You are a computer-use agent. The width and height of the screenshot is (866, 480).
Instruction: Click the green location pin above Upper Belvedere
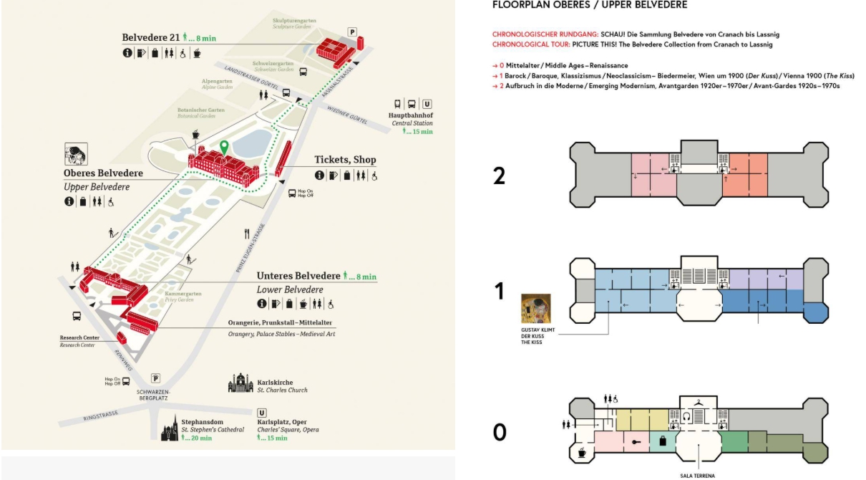click(x=224, y=147)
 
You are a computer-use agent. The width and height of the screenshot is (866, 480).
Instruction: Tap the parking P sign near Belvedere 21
click(x=351, y=32)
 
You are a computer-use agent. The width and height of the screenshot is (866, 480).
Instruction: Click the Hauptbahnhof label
click(x=411, y=115)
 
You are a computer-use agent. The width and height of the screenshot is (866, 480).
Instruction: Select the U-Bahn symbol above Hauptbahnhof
click(x=427, y=103)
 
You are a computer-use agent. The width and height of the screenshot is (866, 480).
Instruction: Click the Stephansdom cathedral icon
click(x=170, y=427)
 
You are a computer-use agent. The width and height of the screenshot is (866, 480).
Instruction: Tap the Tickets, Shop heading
click(x=345, y=160)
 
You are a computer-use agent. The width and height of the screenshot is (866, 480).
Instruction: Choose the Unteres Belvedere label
click(x=298, y=276)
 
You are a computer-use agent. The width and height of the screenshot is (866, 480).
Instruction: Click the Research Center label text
click(x=77, y=338)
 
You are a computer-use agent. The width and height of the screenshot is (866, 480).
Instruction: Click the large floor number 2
click(x=500, y=175)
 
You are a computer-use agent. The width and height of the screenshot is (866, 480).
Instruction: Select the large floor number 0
click(x=500, y=432)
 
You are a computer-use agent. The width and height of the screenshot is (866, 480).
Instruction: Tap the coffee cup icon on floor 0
click(x=581, y=453)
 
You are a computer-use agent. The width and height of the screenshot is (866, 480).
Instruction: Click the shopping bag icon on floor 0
click(x=663, y=441)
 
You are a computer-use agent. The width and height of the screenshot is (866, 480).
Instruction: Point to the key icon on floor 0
click(x=636, y=442)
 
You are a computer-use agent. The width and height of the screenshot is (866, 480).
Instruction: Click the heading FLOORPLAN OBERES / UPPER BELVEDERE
click(x=590, y=5)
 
